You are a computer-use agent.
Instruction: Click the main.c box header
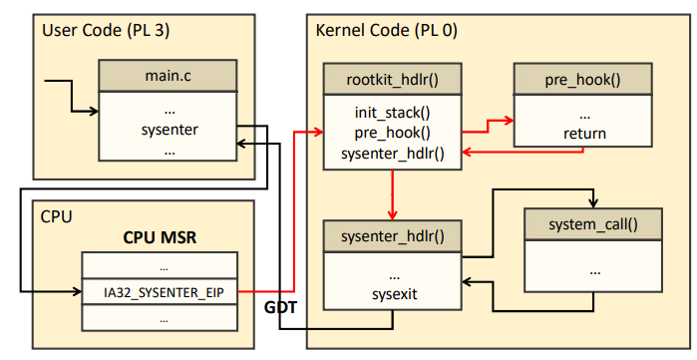(x=168, y=76)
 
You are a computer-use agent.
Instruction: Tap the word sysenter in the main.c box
(x=170, y=130)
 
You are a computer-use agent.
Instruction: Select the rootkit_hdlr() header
(x=393, y=79)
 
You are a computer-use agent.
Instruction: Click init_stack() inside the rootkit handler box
(x=393, y=113)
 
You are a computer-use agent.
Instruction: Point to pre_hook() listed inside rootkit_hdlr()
(x=393, y=133)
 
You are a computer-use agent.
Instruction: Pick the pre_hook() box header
(x=582, y=79)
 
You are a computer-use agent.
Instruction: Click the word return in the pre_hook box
(x=584, y=134)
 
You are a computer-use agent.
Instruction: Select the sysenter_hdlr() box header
(x=393, y=236)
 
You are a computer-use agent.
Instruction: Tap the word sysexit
(x=395, y=294)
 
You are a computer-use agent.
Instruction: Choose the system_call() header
(x=593, y=224)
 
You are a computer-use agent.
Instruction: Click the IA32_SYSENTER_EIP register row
(x=160, y=292)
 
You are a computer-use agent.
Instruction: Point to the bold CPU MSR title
(x=160, y=237)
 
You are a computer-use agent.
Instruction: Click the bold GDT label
(x=280, y=307)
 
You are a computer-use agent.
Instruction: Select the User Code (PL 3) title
(x=106, y=31)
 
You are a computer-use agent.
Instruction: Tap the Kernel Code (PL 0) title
(x=386, y=31)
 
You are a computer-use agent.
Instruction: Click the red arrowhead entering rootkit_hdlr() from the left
(x=318, y=132)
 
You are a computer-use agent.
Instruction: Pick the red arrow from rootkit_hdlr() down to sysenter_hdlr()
(x=393, y=194)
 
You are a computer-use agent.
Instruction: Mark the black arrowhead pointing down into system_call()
(x=593, y=203)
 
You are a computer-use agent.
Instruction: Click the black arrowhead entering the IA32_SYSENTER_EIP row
(x=77, y=291)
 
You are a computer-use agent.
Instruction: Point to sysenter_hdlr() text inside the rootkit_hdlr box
(x=393, y=154)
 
